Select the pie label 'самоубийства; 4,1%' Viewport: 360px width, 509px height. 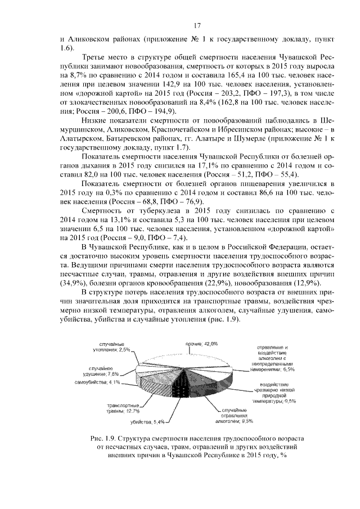click(98, 383)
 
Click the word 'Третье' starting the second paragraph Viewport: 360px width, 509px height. click(96, 58)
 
